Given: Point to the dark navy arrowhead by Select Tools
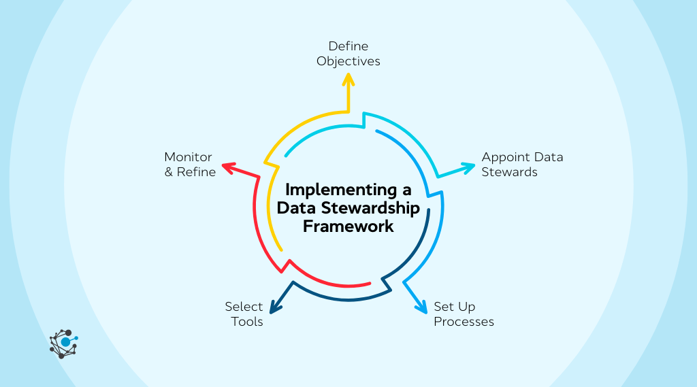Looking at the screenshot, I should click(274, 308).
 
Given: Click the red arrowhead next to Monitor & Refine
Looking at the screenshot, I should click(227, 167).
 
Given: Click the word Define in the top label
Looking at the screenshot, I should click(348, 46).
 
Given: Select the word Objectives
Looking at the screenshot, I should click(348, 61).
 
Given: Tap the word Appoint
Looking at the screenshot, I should click(504, 157).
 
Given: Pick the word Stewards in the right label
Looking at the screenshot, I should click(509, 172).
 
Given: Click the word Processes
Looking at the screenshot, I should click(464, 322).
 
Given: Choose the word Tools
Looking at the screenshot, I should click(246, 322).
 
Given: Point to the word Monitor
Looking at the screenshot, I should click(188, 157).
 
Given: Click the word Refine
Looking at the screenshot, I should click(196, 172).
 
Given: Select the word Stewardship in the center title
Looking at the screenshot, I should click(375, 208).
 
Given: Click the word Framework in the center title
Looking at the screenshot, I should click(348, 226).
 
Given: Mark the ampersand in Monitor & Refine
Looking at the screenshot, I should click(169, 172).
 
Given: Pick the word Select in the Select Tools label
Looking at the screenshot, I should click(244, 307).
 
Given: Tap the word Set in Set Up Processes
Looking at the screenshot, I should click(444, 307).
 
